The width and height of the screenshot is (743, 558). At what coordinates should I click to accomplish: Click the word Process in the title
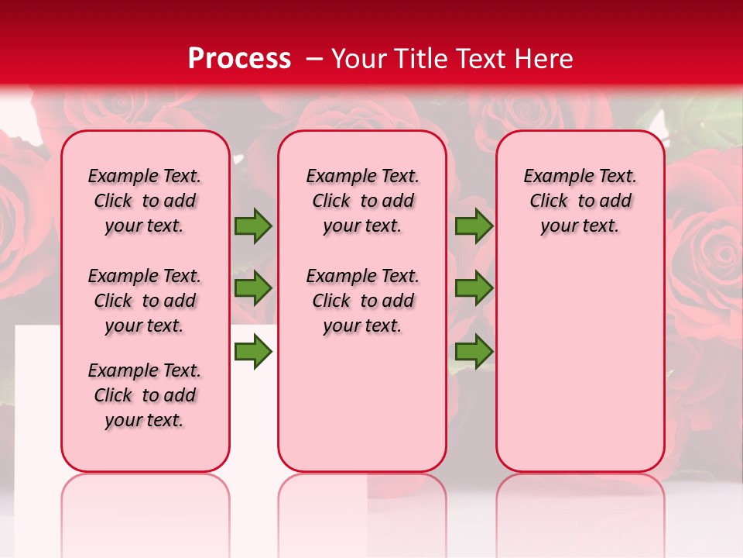tap(239, 59)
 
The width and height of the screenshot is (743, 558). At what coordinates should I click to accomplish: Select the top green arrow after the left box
tap(253, 226)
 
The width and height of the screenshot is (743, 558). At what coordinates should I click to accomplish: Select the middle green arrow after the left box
tap(253, 288)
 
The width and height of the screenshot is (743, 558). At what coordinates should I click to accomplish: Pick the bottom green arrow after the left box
tap(253, 352)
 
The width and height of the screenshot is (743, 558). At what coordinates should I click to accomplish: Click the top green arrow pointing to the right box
tap(474, 226)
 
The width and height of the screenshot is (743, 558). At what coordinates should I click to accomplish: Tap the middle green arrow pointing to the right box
tap(474, 288)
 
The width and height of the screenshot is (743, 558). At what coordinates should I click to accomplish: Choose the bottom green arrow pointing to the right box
tap(474, 352)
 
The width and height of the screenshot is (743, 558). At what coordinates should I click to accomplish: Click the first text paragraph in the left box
tap(145, 201)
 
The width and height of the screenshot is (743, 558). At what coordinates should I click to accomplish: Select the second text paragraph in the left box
tap(145, 301)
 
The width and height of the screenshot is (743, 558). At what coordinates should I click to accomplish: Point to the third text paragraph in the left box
tap(145, 395)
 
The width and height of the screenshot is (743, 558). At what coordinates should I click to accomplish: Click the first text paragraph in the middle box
tap(362, 201)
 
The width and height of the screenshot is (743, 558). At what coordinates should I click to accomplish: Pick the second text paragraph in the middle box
tap(362, 301)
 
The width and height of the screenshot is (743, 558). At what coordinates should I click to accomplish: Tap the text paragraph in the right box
tap(580, 201)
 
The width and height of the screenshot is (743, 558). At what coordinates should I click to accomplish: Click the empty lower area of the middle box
tap(362, 403)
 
